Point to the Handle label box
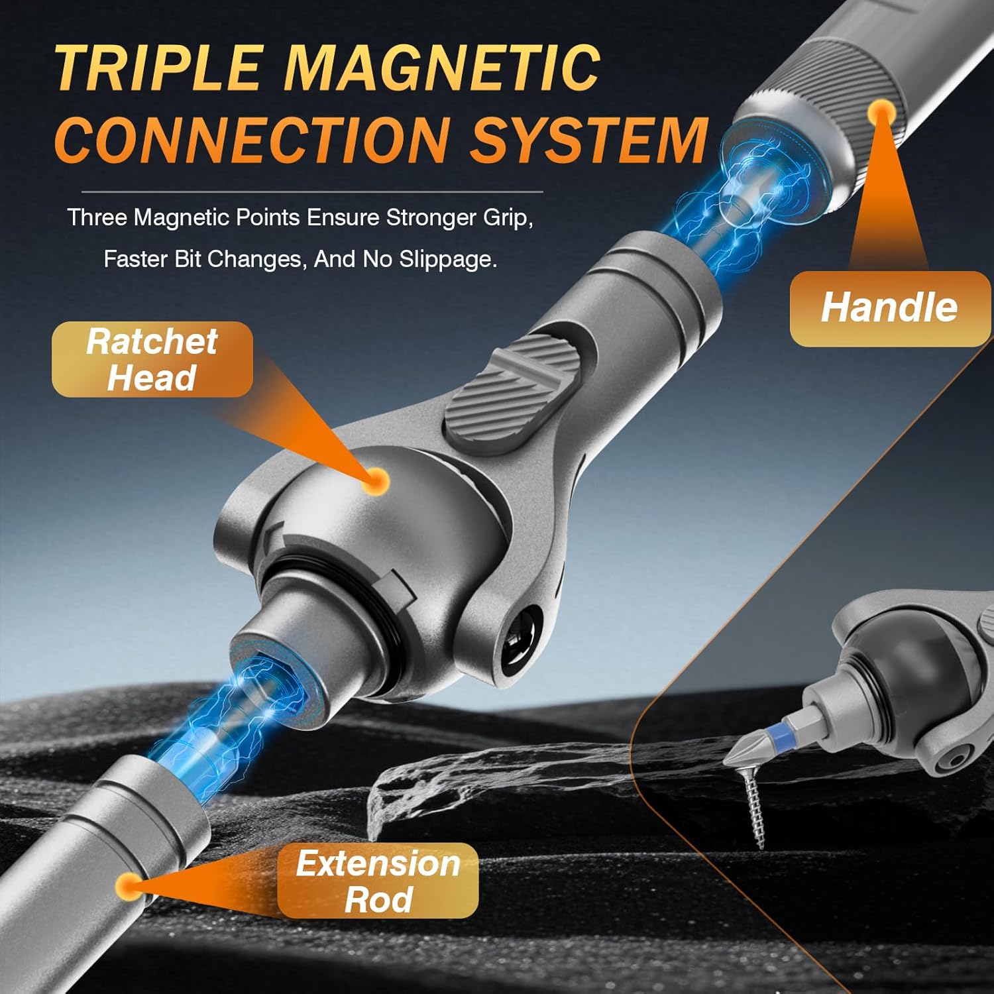pos(890,308)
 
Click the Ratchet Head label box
pos(152,359)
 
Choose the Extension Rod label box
pos(378,881)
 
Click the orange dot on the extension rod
pos(128,886)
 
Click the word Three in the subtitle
pos(97,217)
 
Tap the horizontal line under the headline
pos(312,192)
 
